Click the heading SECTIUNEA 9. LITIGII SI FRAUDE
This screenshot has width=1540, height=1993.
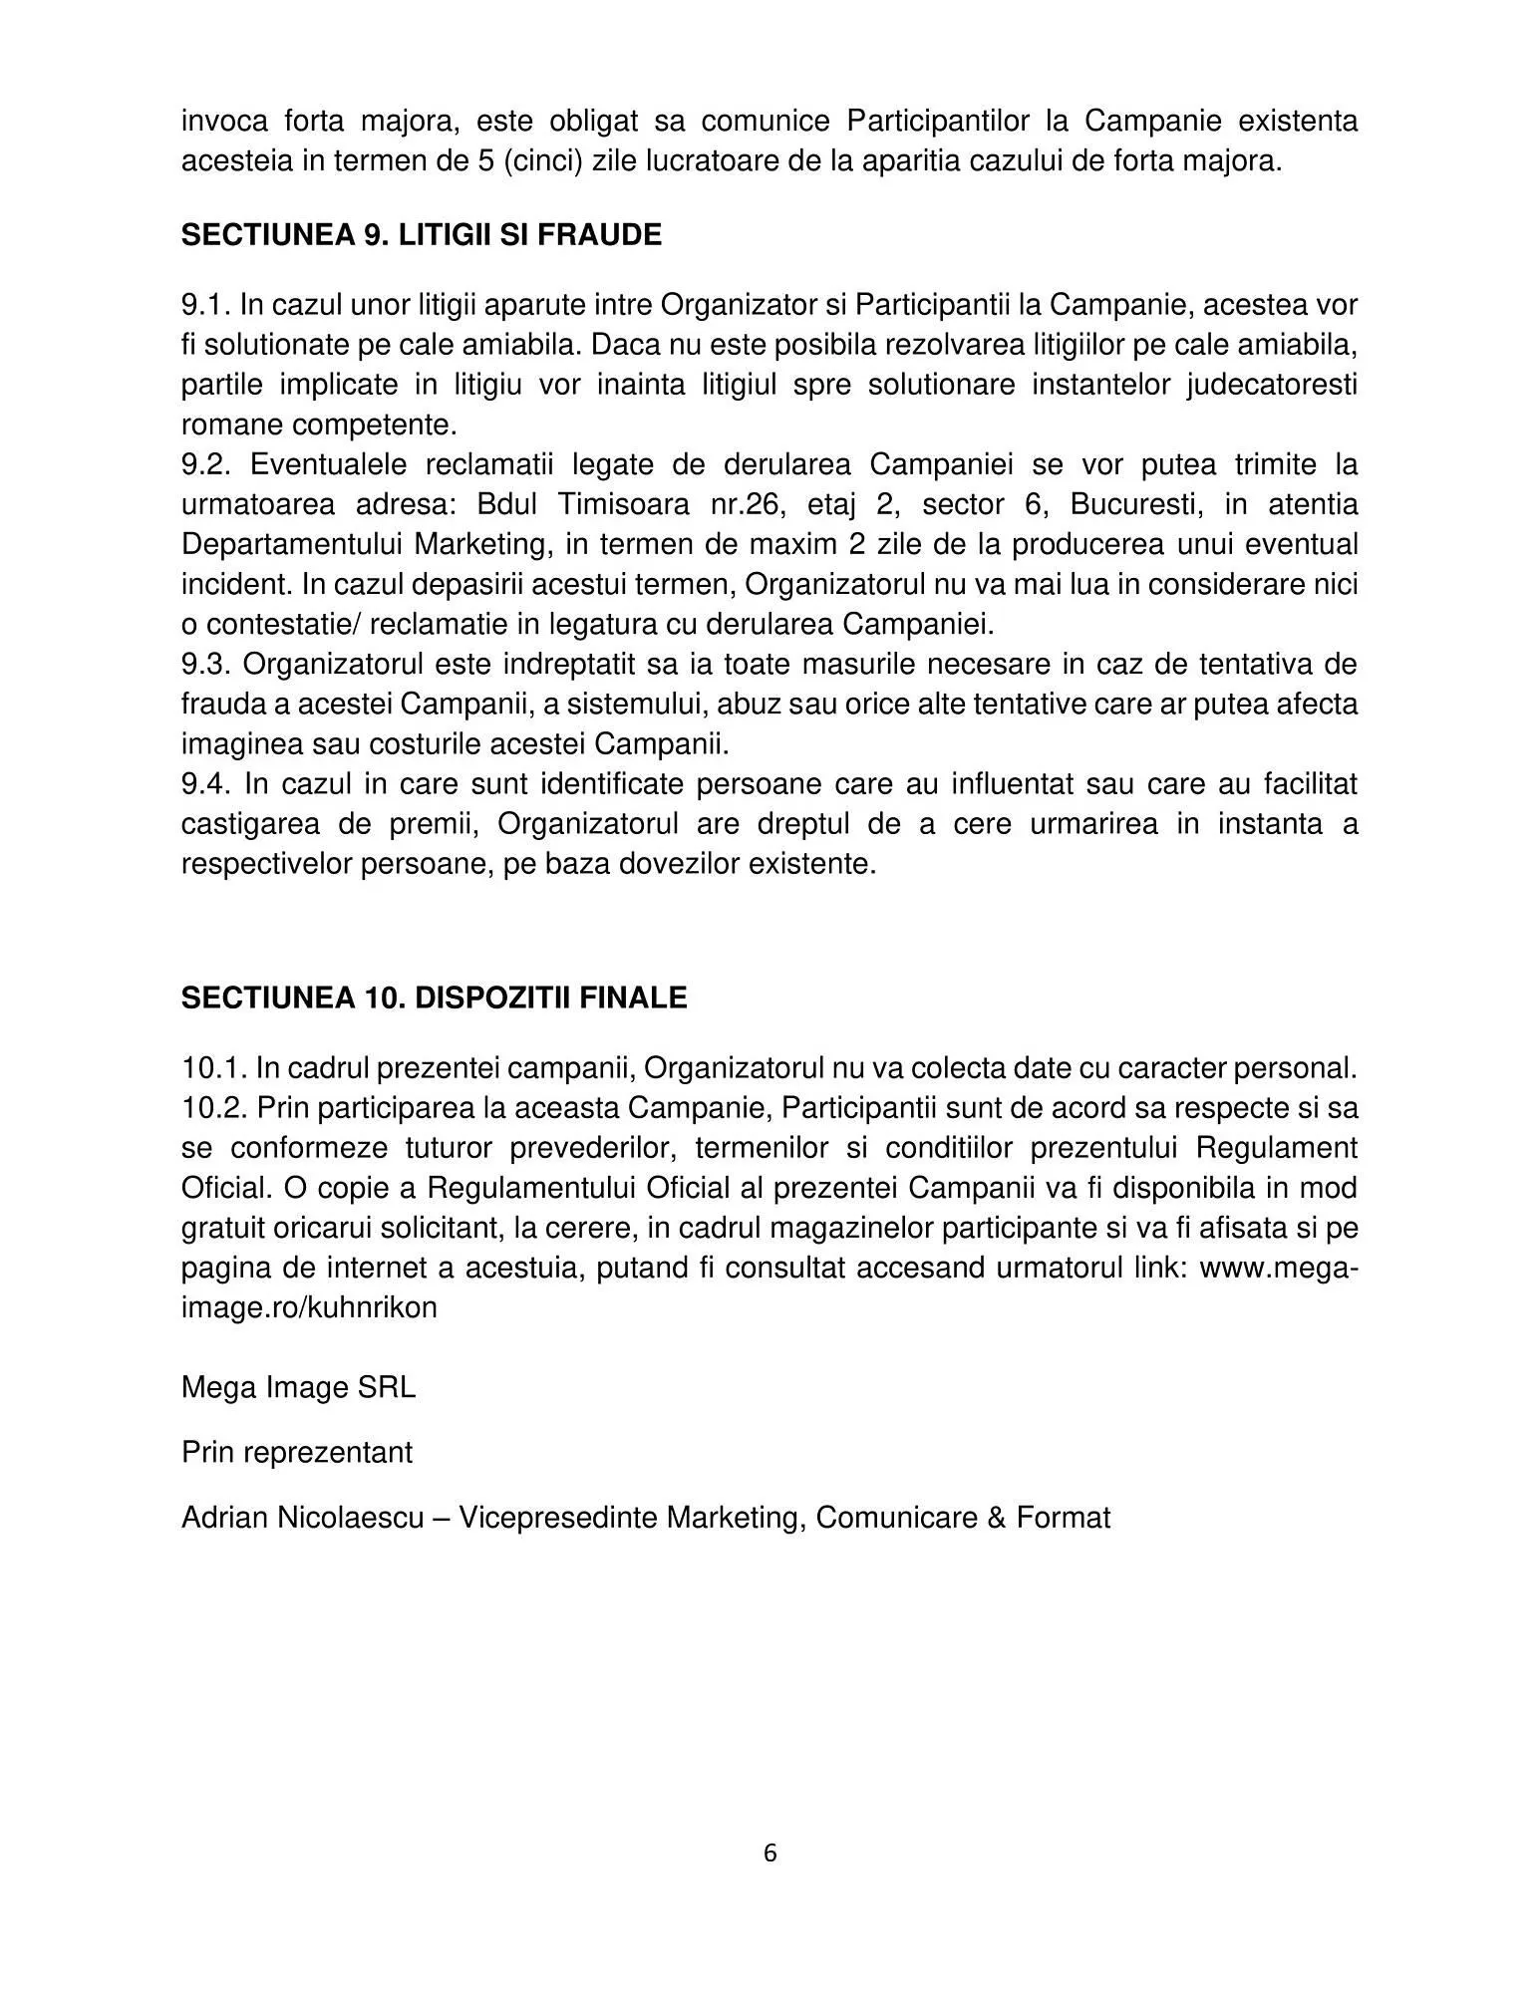click(x=421, y=235)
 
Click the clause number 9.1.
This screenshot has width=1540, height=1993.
click(x=205, y=305)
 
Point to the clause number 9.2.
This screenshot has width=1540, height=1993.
click(x=206, y=465)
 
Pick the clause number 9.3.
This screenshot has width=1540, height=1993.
click(x=206, y=665)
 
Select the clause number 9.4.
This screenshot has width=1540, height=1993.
click(x=206, y=784)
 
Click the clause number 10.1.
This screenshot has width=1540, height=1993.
click(x=213, y=1068)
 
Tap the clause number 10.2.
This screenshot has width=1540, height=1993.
click(x=213, y=1108)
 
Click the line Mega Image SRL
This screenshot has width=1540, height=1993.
click(x=298, y=1388)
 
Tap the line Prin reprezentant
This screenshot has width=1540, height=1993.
click(x=296, y=1453)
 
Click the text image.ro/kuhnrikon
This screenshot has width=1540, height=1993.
click(x=309, y=1307)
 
